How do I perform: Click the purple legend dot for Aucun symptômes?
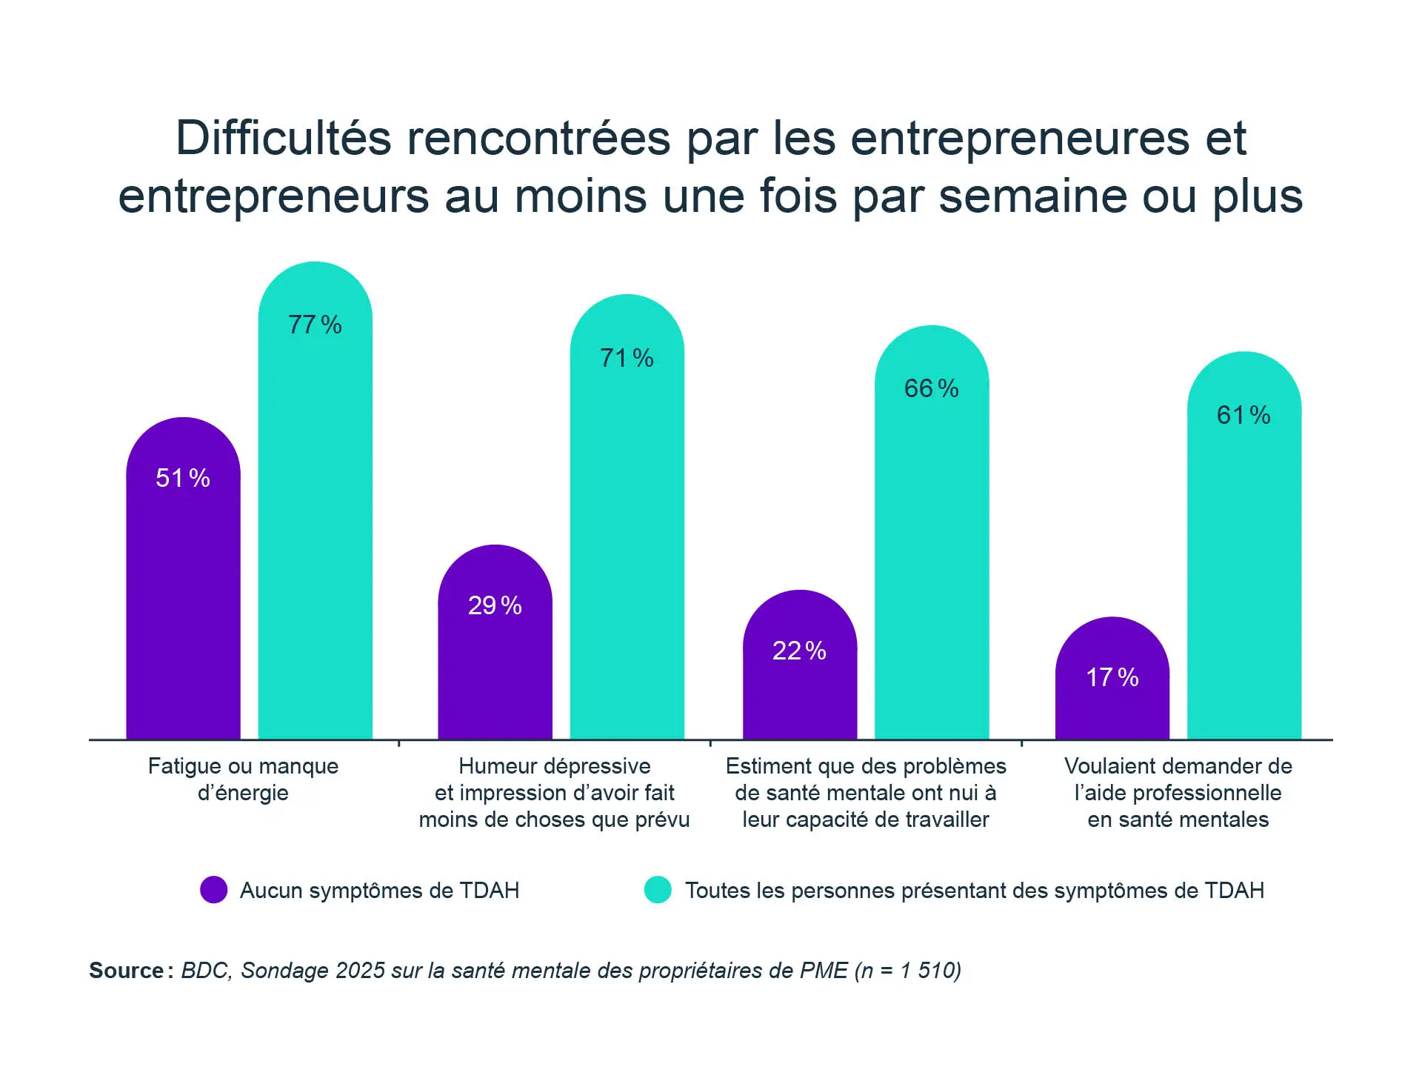click(x=214, y=890)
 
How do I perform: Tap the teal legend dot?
click(x=658, y=890)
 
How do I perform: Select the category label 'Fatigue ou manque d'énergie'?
click(x=243, y=780)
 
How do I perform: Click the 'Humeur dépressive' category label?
click(x=554, y=793)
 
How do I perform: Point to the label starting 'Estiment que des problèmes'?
click(x=866, y=793)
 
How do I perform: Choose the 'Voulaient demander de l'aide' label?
click(x=1178, y=793)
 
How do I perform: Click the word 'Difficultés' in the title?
click(x=283, y=139)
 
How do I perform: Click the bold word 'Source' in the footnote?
click(x=127, y=971)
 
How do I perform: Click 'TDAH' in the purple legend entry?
click(x=490, y=890)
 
